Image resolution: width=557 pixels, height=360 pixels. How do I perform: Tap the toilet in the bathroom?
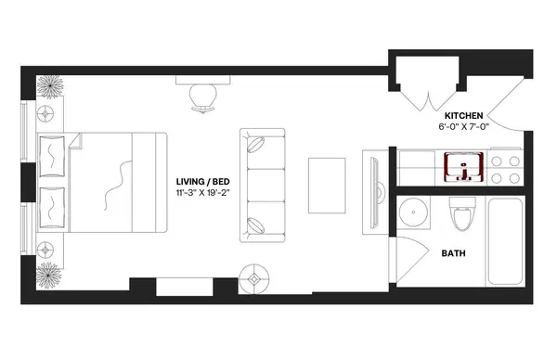tap(460, 217)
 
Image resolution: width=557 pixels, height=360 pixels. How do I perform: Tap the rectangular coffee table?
tap(327, 180)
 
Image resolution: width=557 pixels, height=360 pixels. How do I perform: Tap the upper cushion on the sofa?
tap(259, 145)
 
